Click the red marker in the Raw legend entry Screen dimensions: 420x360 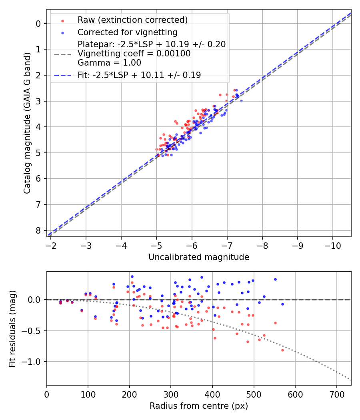62,20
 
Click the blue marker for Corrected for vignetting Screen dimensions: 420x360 62,32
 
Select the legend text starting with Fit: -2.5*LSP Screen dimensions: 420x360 139,75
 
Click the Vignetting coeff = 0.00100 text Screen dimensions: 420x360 134,53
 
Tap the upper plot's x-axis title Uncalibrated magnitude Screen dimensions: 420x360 199,257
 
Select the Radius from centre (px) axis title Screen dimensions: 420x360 199,406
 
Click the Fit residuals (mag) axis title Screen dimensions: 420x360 12,328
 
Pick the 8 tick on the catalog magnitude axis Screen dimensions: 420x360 38,230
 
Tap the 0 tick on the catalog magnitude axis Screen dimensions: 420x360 38,24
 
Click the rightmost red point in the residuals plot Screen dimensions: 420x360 282,350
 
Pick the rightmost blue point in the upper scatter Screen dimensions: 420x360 241,101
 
